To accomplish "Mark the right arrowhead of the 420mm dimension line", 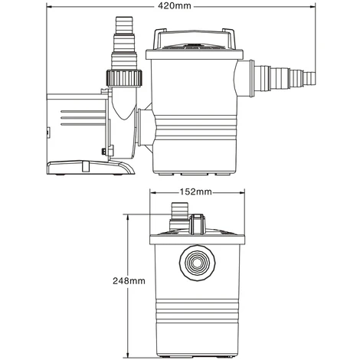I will (x=315, y=7).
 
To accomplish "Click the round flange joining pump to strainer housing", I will (x=146, y=123).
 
